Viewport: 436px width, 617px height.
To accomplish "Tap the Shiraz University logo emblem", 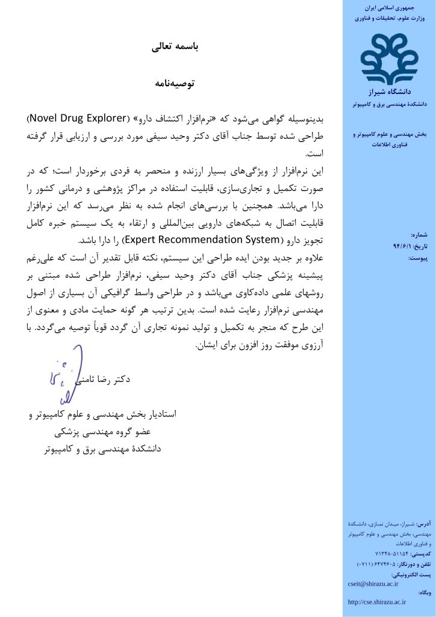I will click(x=389, y=59).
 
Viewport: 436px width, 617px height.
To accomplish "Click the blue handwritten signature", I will click(x=64, y=372).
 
